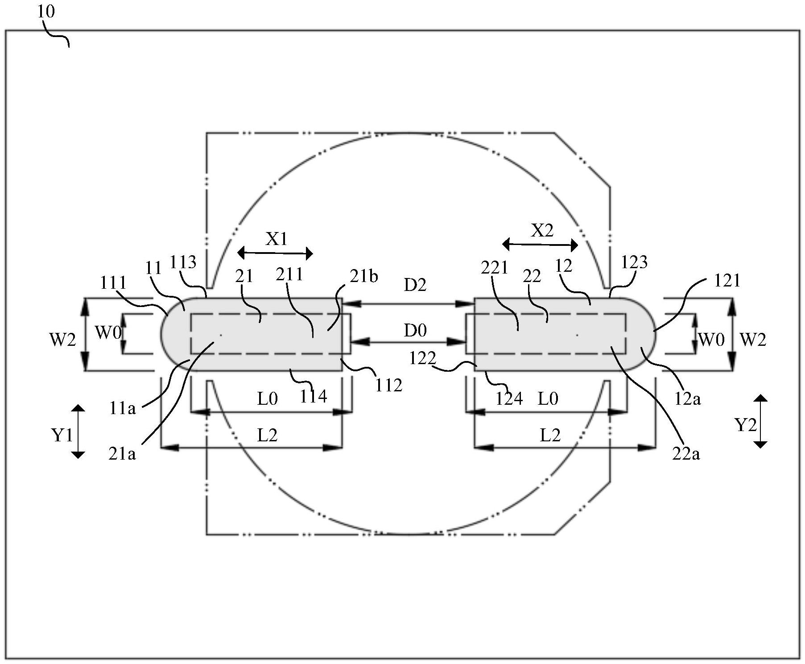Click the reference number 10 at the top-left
click(x=46, y=11)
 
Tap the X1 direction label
click(x=277, y=240)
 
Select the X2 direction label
click(x=542, y=230)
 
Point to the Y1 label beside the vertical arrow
click(x=62, y=434)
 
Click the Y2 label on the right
click(x=746, y=425)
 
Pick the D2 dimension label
click(x=415, y=285)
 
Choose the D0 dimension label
click(x=415, y=330)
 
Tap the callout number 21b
click(x=363, y=276)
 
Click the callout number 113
click(x=183, y=262)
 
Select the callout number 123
click(x=634, y=262)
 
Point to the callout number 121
click(x=727, y=280)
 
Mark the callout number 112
click(x=388, y=385)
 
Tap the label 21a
click(x=122, y=454)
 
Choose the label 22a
click(x=686, y=454)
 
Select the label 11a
click(x=122, y=408)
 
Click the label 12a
click(x=687, y=399)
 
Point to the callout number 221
click(x=494, y=267)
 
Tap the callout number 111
click(x=113, y=282)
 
